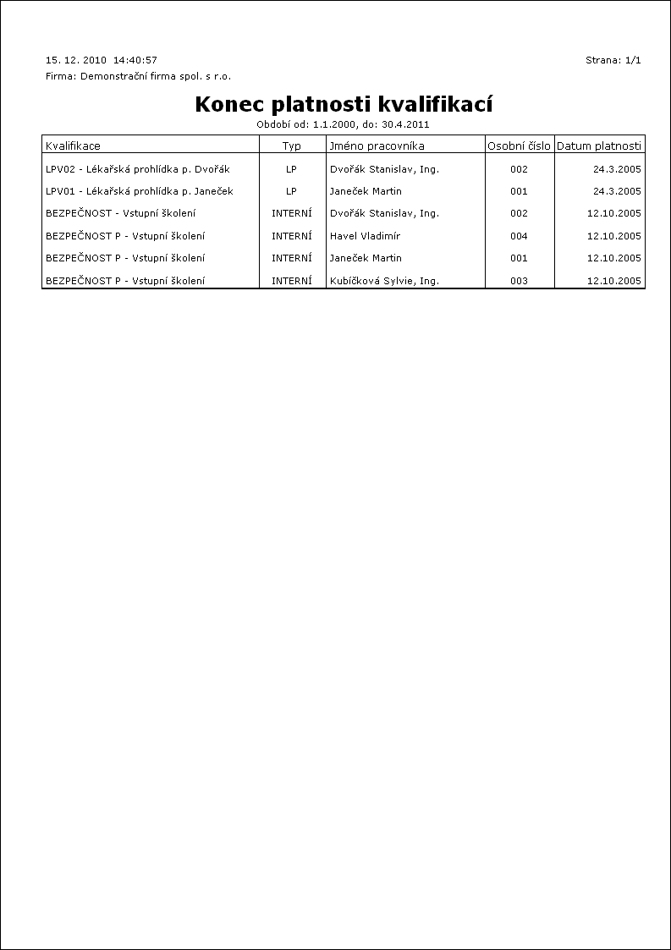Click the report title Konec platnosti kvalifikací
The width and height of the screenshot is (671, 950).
pyautogui.click(x=344, y=104)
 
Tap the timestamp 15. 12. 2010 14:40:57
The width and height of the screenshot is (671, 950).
pyautogui.click(x=102, y=60)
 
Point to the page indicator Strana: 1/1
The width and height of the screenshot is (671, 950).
pyautogui.click(x=613, y=60)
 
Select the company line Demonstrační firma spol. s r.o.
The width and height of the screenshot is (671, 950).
pyautogui.click(x=138, y=76)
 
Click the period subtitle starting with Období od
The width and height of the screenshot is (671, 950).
pyautogui.click(x=344, y=124)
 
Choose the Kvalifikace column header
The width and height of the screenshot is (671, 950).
pyautogui.click(x=73, y=146)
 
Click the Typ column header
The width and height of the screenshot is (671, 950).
pyautogui.click(x=291, y=146)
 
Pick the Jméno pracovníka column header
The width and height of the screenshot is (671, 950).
pyautogui.click(x=377, y=146)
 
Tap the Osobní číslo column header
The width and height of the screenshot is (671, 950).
pyautogui.click(x=519, y=146)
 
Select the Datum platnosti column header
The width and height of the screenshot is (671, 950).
pyautogui.click(x=599, y=146)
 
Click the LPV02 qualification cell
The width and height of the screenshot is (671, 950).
pyautogui.click(x=138, y=169)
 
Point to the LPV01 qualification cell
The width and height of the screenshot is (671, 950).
pyautogui.click(x=140, y=191)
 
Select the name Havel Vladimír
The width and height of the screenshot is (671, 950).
pyautogui.click(x=365, y=236)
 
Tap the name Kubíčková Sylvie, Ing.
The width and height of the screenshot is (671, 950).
pyautogui.click(x=384, y=280)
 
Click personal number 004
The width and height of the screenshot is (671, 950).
pyautogui.click(x=519, y=236)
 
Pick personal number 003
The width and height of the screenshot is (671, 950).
pyautogui.click(x=519, y=280)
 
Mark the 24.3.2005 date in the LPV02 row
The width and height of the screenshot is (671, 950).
pyautogui.click(x=617, y=169)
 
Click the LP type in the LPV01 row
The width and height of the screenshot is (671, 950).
pyautogui.click(x=291, y=191)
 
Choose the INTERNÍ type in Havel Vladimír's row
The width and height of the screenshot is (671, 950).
pyautogui.click(x=291, y=236)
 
